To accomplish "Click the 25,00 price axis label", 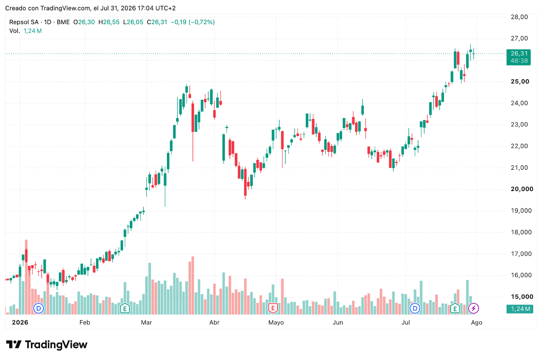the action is tap(520, 81).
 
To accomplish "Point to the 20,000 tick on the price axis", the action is tap(522, 189).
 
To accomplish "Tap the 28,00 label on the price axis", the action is tap(519, 17).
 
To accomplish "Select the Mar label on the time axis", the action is tap(146, 322).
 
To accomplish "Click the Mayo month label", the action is tap(276, 322).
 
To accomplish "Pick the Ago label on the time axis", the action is tap(476, 322).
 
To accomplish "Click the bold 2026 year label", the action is tap(20, 322).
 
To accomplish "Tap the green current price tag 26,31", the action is tap(519, 57).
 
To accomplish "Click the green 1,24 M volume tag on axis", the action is tap(520, 309).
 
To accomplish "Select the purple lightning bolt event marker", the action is tap(474, 308).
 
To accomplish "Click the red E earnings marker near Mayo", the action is tap(273, 308).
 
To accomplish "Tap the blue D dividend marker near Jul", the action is tap(415, 308).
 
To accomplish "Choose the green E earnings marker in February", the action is tap(125, 308).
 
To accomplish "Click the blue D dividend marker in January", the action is tap(38, 308).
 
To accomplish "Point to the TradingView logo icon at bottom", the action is tap(14, 345).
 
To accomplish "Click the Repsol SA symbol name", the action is tap(24, 22).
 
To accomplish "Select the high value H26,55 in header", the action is tap(109, 22).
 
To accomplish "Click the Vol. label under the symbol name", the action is tap(15, 31).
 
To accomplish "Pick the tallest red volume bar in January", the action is tap(26, 277).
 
